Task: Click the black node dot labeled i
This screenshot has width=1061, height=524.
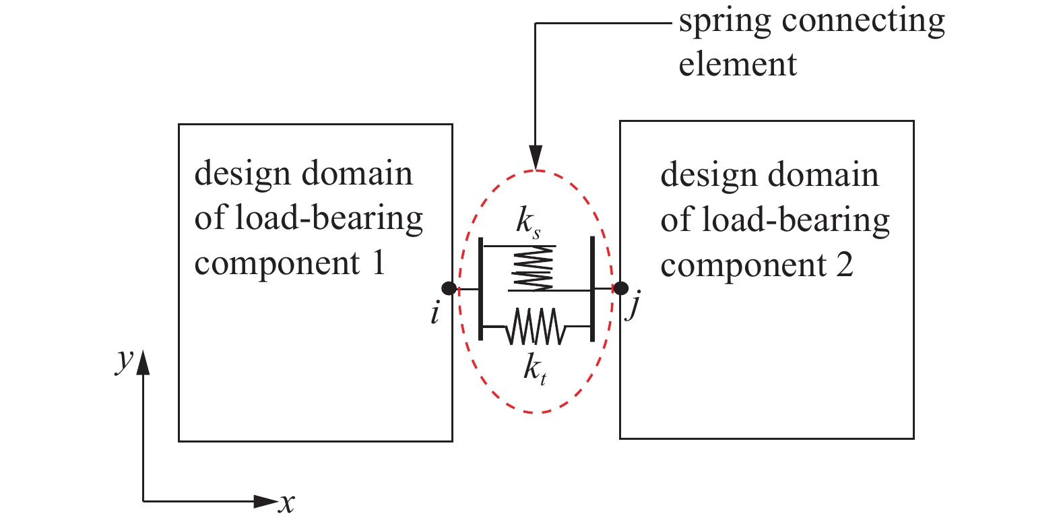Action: (449, 288)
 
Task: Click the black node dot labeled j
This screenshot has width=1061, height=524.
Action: (620, 288)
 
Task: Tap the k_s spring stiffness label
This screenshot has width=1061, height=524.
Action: (527, 222)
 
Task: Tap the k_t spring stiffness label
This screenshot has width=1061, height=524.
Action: (534, 368)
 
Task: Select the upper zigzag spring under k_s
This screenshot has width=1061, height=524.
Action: (534, 268)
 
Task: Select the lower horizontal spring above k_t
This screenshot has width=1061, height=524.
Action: (536, 326)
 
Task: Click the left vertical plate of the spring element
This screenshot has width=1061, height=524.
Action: (480, 288)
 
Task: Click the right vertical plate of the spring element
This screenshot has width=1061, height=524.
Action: (592, 288)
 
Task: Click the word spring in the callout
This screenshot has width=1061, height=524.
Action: (725, 22)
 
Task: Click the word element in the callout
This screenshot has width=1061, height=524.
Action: (738, 65)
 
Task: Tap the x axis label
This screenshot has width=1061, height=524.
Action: (287, 502)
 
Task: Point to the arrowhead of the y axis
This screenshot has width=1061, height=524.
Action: (143, 362)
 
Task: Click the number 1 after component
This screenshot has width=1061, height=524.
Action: (378, 262)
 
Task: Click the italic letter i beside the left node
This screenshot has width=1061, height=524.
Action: (435, 314)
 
